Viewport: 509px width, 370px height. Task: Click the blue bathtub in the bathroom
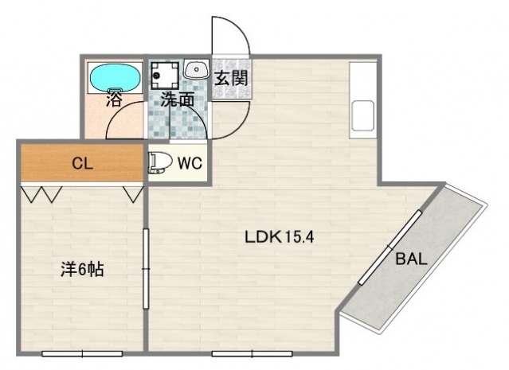[x=116, y=78]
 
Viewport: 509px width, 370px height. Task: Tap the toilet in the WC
[x=160, y=162]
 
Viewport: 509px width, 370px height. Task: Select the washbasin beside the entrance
[x=197, y=69]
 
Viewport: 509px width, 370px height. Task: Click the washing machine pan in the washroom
[x=165, y=76]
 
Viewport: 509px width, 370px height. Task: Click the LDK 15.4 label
[x=279, y=237]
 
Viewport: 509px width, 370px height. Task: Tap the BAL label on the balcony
[x=411, y=259]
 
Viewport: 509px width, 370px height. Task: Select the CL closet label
[x=83, y=163]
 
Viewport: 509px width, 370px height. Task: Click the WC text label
[x=190, y=163]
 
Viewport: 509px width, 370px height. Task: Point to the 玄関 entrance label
[x=232, y=78]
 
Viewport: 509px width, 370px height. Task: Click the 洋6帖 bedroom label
[x=82, y=269]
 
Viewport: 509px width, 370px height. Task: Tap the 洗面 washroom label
[x=178, y=99]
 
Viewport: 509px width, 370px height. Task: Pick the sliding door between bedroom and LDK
[x=146, y=269]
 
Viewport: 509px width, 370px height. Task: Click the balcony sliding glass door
[x=390, y=247]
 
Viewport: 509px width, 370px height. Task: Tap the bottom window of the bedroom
[x=82, y=354]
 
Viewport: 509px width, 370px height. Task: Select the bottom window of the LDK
[x=252, y=354]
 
